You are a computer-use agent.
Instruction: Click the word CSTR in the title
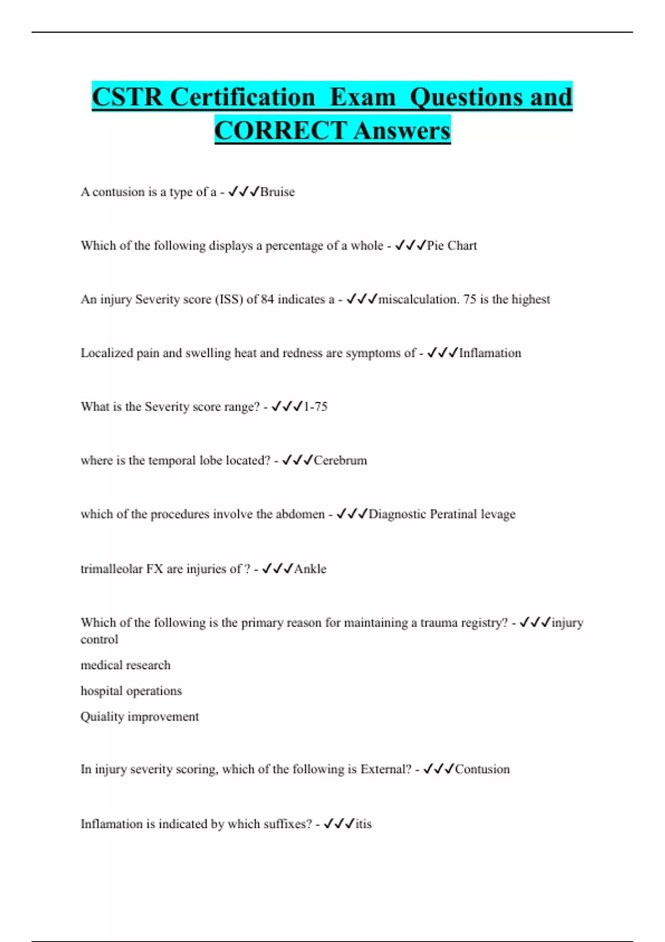pos(127,97)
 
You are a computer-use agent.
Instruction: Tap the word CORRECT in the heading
pos(280,131)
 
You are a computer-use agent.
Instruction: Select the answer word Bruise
pos(278,192)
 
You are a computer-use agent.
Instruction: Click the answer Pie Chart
pos(452,245)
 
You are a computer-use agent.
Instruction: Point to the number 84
pos(267,299)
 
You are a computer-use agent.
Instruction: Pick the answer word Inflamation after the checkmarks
pos(490,353)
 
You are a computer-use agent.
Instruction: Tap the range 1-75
pos(315,407)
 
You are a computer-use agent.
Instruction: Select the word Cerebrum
pos(340,460)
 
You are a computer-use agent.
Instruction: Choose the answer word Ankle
pos(310,569)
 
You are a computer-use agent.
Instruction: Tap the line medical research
pos(125,665)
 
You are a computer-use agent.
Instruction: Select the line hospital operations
pos(131,691)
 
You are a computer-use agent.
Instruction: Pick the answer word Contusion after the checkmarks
pos(482,769)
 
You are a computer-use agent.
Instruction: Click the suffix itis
pos(364,824)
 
